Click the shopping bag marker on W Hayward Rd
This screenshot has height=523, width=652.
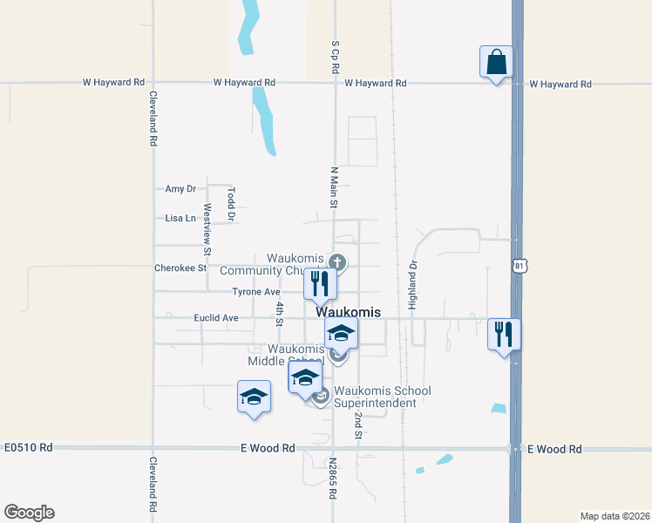click(x=496, y=63)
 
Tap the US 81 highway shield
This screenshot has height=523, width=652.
click(x=520, y=264)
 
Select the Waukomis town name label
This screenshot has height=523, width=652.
click(x=348, y=311)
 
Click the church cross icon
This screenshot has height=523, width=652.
click(x=338, y=261)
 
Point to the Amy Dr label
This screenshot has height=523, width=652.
click(x=180, y=188)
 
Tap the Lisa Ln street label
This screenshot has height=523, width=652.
click(x=178, y=218)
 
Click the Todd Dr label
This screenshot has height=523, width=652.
click(x=231, y=202)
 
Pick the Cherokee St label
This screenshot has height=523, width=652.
click(x=180, y=268)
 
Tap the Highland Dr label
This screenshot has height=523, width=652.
click(x=413, y=286)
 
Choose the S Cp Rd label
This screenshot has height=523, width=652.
click(x=335, y=55)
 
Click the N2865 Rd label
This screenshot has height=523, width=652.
click(x=333, y=479)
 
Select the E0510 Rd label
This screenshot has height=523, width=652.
click(x=28, y=447)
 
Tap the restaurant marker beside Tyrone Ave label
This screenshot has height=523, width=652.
click(x=320, y=283)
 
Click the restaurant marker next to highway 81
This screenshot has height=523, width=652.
click(x=504, y=335)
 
